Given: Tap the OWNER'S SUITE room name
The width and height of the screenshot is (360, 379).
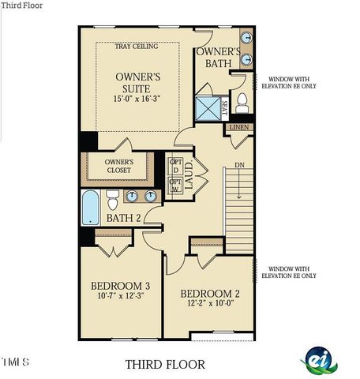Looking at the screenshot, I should tap(139, 84).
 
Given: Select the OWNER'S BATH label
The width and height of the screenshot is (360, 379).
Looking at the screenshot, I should tap(212, 57).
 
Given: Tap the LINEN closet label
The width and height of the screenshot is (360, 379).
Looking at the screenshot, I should tap(240, 127).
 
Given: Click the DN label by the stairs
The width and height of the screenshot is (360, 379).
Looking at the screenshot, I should tap(239, 165).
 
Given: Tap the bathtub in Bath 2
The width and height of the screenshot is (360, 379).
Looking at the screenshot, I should tap(90, 208).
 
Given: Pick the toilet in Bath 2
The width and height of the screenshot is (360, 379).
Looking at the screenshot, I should tap(112, 196).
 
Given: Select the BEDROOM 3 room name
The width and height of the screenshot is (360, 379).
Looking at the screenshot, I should tap(120, 285).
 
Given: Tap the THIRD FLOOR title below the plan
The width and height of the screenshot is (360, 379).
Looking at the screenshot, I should tap(165, 364).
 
